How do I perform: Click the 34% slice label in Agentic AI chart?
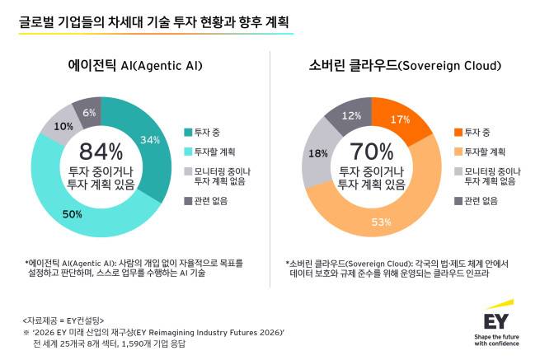click(150, 139)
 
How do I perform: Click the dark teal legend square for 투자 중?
click(189, 132)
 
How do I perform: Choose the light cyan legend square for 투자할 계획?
click(189, 152)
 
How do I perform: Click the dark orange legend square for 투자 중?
click(458, 132)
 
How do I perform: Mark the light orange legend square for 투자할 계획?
click(458, 152)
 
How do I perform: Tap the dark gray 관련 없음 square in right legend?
click(458, 200)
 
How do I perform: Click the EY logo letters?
click(496, 318)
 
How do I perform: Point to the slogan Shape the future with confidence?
click(496, 339)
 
